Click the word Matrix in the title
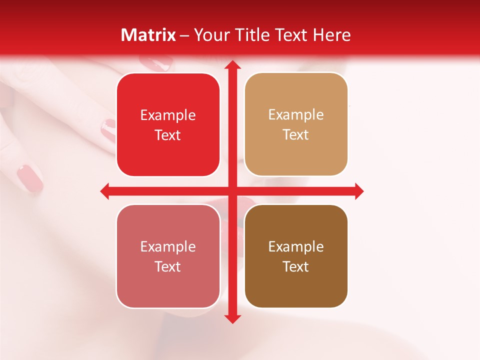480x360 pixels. point(148,35)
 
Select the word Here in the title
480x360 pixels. point(331,35)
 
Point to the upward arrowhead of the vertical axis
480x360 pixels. point(232,65)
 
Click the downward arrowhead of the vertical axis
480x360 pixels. point(232,318)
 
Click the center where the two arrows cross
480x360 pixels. point(232,191)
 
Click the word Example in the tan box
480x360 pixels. point(296,115)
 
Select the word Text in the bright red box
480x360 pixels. point(168,135)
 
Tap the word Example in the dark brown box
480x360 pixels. point(296,246)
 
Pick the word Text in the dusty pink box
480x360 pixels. point(168,267)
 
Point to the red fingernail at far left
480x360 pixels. point(30,178)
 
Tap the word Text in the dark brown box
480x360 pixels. point(296,267)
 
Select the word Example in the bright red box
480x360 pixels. point(168,115)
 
